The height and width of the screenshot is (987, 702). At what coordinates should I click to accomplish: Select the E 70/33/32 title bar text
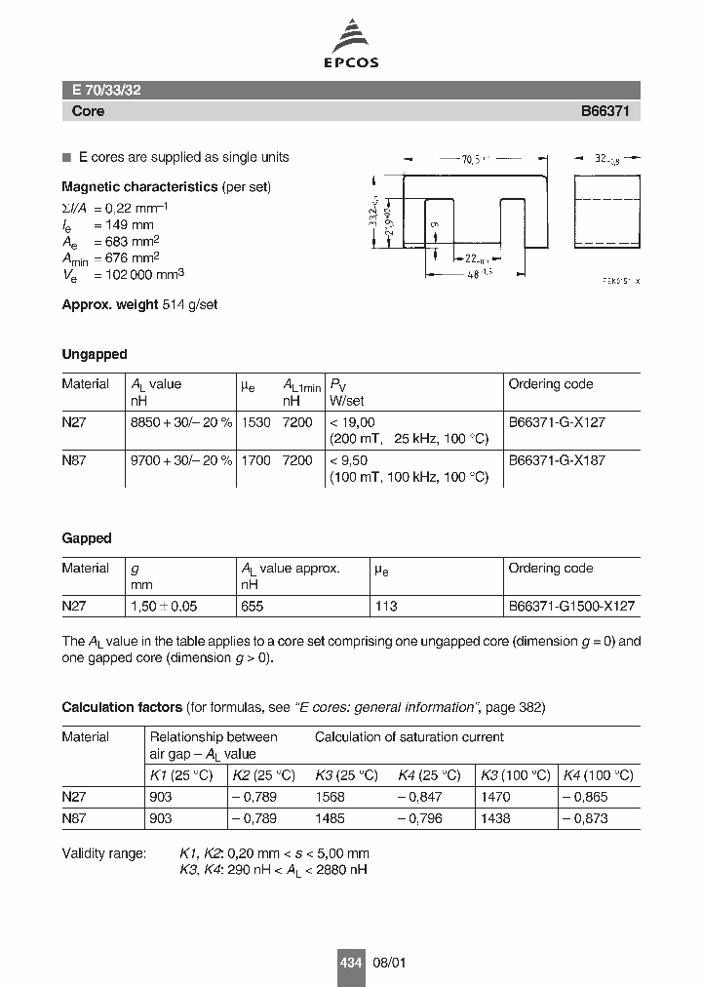pos(106,90)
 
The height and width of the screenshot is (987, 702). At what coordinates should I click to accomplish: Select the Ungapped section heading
pos(95,354)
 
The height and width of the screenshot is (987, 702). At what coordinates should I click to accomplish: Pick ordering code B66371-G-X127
pos(557,421)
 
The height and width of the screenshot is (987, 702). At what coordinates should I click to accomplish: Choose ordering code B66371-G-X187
pos(557,460)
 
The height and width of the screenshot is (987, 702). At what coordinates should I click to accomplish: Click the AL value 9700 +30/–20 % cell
pos(181,460)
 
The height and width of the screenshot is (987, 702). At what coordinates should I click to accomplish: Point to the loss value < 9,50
pos(353,460)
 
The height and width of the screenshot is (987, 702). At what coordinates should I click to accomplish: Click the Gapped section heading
pos(87,537)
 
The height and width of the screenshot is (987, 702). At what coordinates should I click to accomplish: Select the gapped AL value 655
pos(253,606)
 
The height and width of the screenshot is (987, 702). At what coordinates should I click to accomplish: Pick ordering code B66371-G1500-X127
pos(571,606)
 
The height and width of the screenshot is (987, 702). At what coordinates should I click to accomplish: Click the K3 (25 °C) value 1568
pos(331,797)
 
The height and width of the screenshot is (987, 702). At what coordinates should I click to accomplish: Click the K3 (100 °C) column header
pos(515,775)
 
